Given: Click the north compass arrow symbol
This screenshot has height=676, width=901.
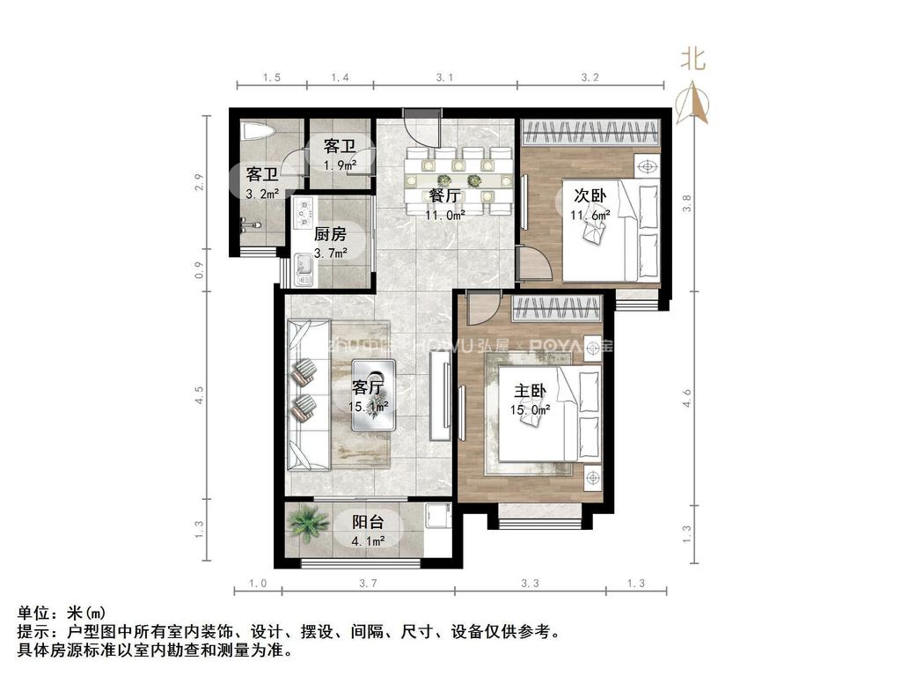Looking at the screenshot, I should [696, 104].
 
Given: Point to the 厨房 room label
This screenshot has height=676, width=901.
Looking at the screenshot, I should [330, 234].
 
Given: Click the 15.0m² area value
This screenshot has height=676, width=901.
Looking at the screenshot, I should [531, 409].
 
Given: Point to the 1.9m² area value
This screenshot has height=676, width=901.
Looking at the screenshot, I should [339, 165].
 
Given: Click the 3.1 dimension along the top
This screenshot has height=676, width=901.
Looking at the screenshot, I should [444, 78].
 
